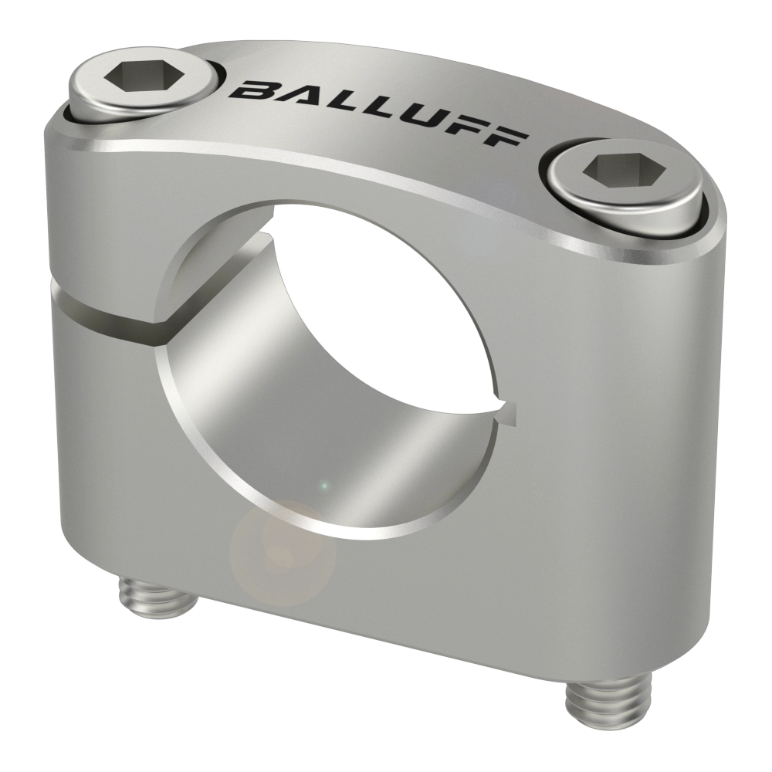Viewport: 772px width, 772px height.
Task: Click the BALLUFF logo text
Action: (x=378, y=112)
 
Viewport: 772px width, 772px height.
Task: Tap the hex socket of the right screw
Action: (x=624, y=171)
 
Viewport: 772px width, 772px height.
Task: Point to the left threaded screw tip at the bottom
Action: (x=157, y=599)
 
